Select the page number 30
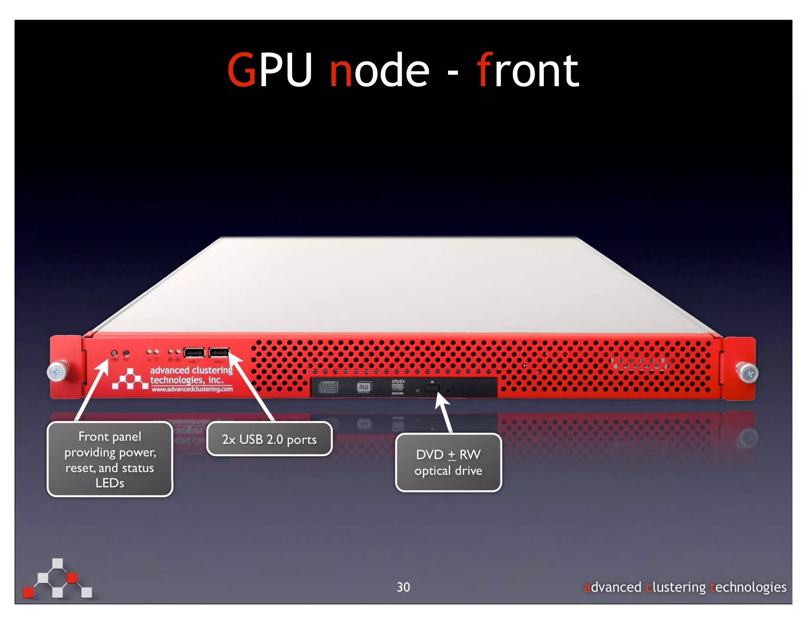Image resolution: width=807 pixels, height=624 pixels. pyautogui.click(x=403, y=587)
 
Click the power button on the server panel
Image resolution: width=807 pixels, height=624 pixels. pyautogui.click(x=114, y=353)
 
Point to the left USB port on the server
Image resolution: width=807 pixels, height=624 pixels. pyautogui.click(x=194, y=352)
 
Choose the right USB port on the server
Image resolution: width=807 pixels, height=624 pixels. pyautogui.click(x=219, y=352)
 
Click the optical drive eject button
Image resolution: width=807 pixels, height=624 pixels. pyautogui.click(x=432, y=389)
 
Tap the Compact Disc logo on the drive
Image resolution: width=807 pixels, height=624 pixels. pyautogui.click(x=327, y=387)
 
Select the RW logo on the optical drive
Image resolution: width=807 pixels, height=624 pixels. pyautogui.click(x=364, y=387)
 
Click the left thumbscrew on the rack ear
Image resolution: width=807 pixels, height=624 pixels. pyautogui.click(x=57, y=372)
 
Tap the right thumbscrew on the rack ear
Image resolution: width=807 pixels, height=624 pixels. pyautogui.click(x=747, y=373)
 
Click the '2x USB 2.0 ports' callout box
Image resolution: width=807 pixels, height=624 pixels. pyautogui.click(x=269, y=439)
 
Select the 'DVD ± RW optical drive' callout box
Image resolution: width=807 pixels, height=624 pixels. pyautogui.click(x=448, y=462)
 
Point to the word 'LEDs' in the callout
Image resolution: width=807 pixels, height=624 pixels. pyautogui.click(x=110, y=483)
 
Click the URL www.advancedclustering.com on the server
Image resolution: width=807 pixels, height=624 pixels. pyautogui.click(x=192, y=389)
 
